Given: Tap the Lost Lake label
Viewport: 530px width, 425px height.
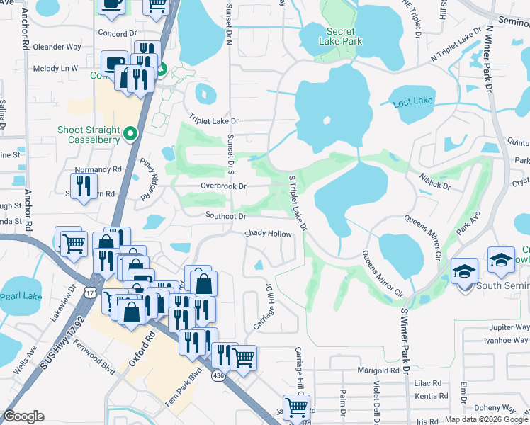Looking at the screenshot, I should point(412,102).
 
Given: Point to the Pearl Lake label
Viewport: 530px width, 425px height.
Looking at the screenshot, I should point(21,297).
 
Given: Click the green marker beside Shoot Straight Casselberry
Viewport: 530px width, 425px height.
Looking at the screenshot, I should point(130,133).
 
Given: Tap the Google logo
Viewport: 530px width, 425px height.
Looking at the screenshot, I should point(23,416).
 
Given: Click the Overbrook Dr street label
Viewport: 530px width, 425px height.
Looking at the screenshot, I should point(222,186).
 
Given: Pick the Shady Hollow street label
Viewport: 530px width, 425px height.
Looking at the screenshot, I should point(268,234).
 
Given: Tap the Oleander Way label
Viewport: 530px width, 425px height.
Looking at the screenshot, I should point(57,47).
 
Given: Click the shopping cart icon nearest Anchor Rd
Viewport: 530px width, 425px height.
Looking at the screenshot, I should point(73,243).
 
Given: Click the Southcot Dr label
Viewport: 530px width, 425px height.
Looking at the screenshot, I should point(225,215).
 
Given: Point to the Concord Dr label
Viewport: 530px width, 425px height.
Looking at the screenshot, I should point(117,33).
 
